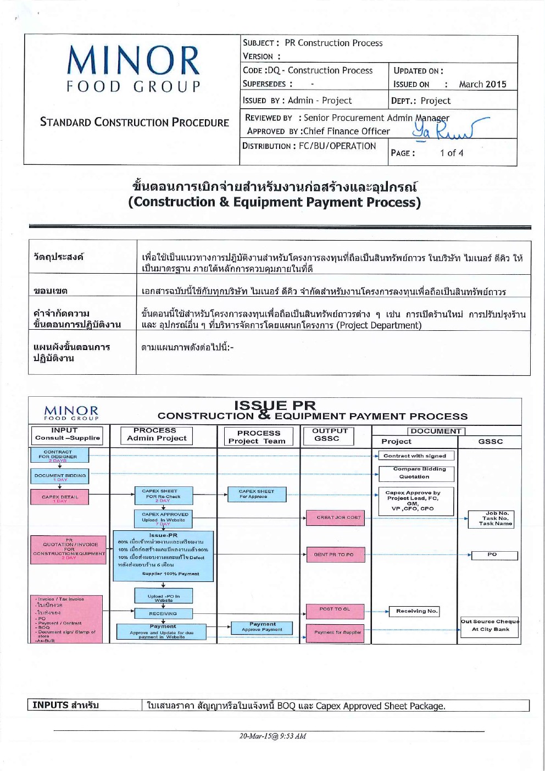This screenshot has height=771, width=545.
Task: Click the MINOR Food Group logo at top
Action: click(134, 69)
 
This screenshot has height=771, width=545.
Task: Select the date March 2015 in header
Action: click(482, 84)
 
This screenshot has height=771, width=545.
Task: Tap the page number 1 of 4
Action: click(451, 153)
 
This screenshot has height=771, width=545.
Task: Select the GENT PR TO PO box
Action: click(334, 554)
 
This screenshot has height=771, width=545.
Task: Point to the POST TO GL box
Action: click(335, 609)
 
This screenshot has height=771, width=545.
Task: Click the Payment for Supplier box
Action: click(337, 633)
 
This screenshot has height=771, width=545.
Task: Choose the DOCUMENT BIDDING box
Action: click(60, 476)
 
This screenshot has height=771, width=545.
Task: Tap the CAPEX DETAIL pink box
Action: click(60, 498)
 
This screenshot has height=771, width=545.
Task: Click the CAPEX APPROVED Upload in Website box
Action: click(164, 518)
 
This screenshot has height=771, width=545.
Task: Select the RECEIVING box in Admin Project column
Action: click(163, 613)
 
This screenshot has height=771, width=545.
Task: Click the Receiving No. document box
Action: click(417, 611)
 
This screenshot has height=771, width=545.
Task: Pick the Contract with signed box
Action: click(415, 456)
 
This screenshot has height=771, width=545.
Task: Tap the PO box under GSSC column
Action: click(492, 555)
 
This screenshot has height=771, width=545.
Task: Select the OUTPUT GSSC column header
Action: click(330, 435)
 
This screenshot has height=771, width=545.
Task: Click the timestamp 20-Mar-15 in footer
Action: click(272, 736)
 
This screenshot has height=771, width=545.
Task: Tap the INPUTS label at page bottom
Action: click(65, 705)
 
